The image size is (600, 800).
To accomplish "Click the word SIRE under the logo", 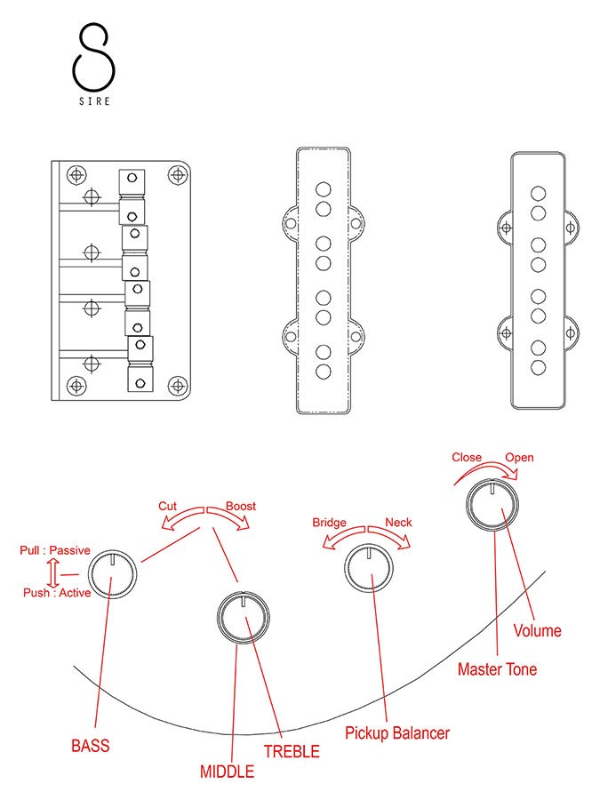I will [93, 101].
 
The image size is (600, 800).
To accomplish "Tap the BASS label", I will [91, 745].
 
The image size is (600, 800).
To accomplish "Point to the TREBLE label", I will [292, 751].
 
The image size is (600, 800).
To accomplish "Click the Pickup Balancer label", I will [396, 733].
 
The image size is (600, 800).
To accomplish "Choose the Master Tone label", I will [497, 669].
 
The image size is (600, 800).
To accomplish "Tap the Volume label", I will [538, 630].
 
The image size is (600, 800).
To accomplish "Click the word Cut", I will [168, 506].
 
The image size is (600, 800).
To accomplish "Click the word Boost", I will [240, 506].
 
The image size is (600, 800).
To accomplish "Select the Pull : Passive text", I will [55, 550].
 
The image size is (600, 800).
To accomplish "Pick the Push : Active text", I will [55, 593].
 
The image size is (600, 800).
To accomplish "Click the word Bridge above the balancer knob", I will [329, 523].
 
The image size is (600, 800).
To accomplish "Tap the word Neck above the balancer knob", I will [398, 523].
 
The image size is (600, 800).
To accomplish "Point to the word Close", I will [467, 458].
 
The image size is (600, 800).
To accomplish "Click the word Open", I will [520, 458].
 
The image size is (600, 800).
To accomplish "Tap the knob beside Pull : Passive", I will [114, 574].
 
